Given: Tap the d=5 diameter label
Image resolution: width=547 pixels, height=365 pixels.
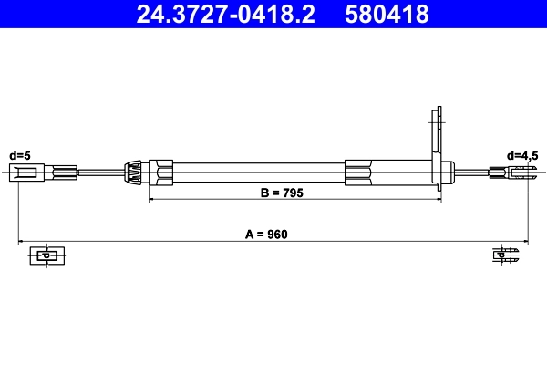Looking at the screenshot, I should (x=20, y=154).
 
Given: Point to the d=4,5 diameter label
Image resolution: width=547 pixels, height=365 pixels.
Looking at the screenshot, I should (x=522, y=154).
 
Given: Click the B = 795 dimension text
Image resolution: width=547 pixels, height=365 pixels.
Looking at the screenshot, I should (x=282, y=193).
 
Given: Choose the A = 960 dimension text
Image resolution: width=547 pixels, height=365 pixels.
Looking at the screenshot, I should (x=266, y=235).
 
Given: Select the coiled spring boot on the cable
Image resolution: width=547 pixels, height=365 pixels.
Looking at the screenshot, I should (x=132, y=172).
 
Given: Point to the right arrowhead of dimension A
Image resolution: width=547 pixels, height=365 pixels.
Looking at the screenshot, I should (x=522, y=243).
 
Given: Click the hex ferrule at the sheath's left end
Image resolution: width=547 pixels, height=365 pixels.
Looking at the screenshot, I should (x=163, y=172).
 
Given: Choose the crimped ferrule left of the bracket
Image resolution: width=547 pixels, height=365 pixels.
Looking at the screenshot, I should (x=358, y=172).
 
